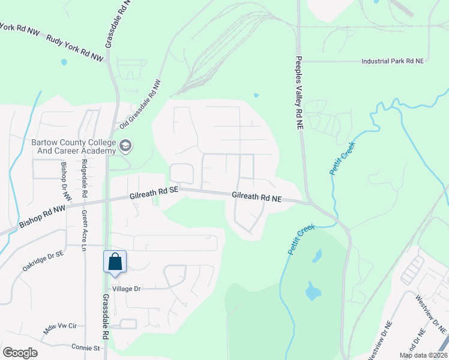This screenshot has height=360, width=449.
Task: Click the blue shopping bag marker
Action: tap(115, 262)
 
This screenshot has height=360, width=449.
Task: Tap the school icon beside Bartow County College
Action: tap(125, 145)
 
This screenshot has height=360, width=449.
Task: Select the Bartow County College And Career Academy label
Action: tap(73, 147)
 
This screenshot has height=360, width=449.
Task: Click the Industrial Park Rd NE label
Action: tap(393, 61)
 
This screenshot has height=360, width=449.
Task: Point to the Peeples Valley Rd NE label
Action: tap(298, 93)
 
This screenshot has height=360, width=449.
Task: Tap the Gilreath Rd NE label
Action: tap(257, 196)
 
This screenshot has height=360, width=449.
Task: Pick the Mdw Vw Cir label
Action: tap(61, 328)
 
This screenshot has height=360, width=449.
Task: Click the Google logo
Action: tap(20, 352)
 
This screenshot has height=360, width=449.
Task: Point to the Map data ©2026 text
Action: tap(423, 355)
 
